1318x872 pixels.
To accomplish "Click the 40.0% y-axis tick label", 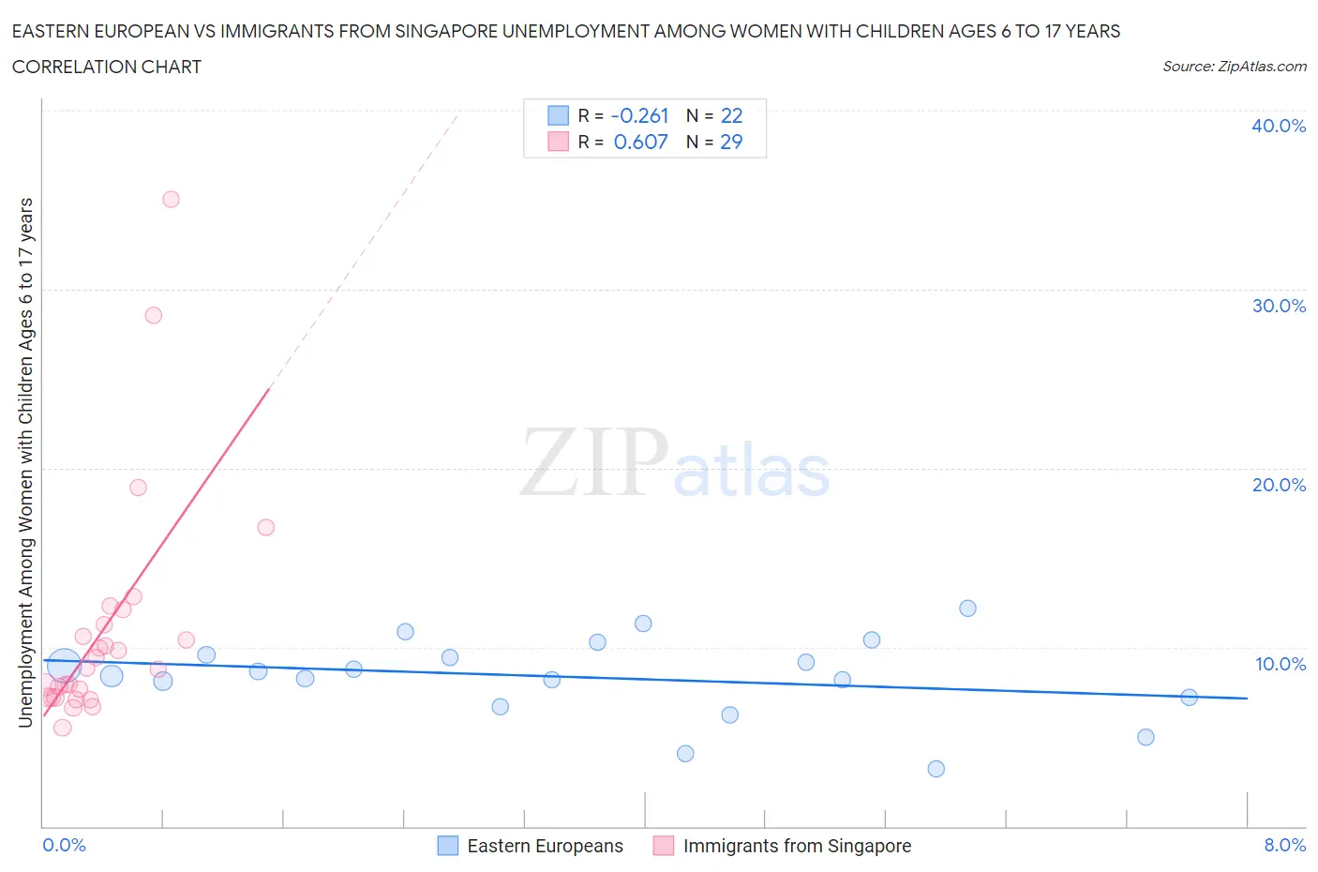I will tap(1279, 126).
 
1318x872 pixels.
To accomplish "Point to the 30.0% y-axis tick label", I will tap(1279, 306).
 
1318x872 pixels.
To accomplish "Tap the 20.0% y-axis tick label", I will tap(1279, 485).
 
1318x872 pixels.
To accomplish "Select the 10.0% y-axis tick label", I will tap(1281, 664).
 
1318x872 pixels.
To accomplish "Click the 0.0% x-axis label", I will tap(65, 845).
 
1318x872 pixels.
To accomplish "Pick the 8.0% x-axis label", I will tap(1284, 845).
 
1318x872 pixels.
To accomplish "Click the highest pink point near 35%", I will tap(171, 199).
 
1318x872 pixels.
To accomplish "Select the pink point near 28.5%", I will tap(154, 315).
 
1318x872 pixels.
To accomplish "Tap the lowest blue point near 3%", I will tap(936, 769).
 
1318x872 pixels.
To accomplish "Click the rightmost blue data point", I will tap(1189, 697).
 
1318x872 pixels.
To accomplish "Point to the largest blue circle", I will tap(64, 666).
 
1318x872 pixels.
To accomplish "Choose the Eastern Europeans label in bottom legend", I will tap(545, 846).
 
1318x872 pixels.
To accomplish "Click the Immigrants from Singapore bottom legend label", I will tap(797, 846).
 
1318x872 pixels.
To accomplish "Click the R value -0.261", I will tap(639, 115).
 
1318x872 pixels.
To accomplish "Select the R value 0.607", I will tap(640, 142).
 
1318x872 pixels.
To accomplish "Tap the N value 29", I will tap(731, 142).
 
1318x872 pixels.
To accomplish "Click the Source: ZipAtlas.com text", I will tap(1234, 67).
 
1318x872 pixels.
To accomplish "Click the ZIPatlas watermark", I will tap(675, 462).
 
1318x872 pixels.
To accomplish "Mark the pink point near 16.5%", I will tap(265, 527).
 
